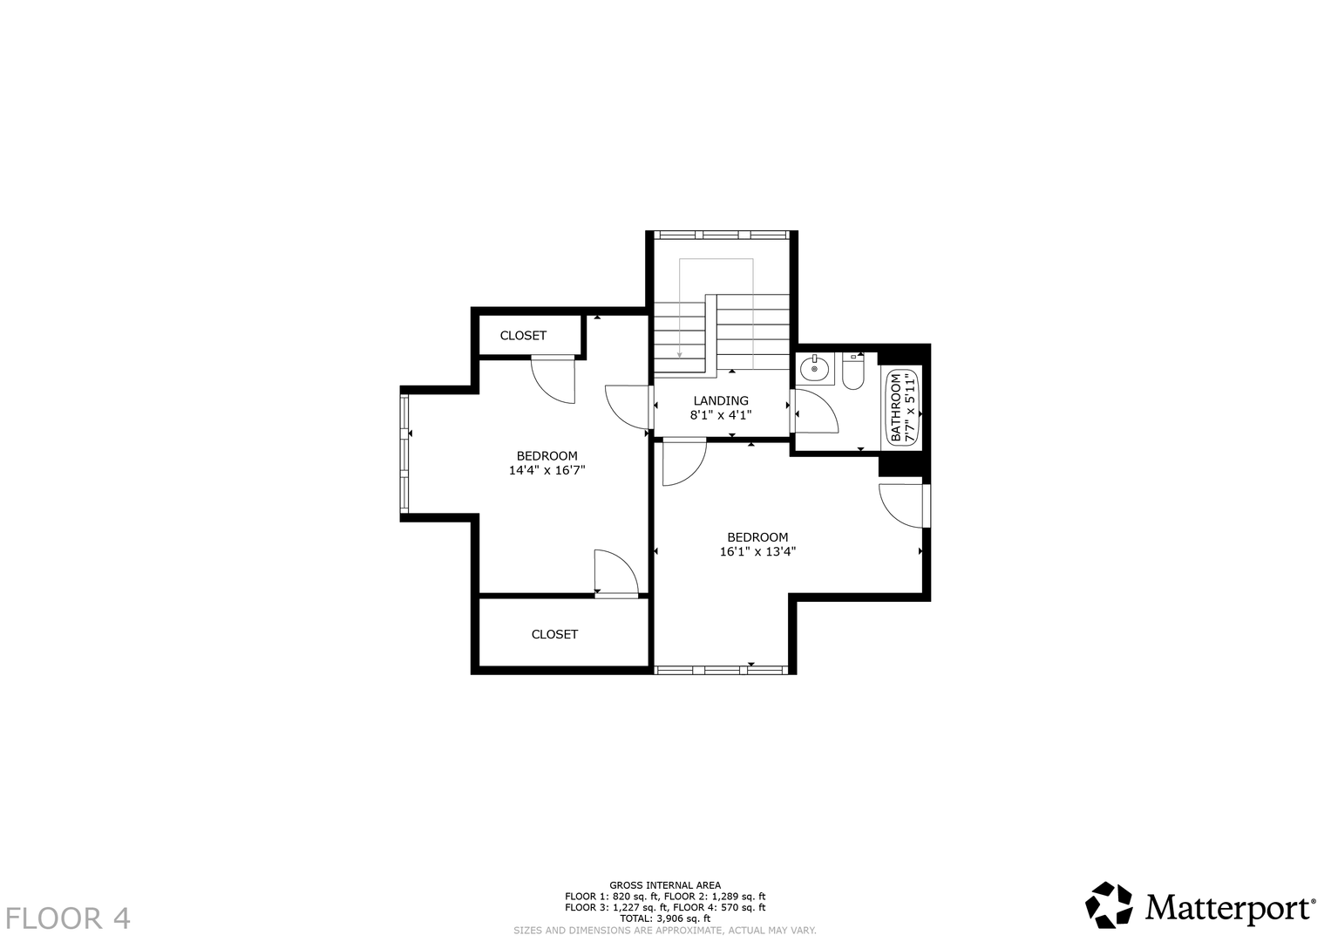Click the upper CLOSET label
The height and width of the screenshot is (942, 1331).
pos(523,336)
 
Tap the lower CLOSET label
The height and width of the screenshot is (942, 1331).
pos(554,635)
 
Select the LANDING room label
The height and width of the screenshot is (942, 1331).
pos(721,401)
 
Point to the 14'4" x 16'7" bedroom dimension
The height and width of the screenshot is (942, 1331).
pos(547,470)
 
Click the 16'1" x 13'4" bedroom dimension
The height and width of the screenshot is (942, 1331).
pos(757,551)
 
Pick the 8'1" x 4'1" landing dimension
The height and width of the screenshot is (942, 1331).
pos(721,415)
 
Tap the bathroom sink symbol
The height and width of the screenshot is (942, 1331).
pos(814,369)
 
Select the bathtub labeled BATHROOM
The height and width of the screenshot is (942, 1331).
pos(902,406)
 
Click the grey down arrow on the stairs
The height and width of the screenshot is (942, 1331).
pos(679,310)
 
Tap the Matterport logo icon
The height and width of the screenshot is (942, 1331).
pos(1109,904)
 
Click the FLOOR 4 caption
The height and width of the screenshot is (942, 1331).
pos(68,918)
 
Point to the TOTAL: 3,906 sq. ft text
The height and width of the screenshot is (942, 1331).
pos(665,918)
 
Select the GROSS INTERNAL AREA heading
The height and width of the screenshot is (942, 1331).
pos(665,885)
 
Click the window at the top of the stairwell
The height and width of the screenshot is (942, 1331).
pos(722,235)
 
